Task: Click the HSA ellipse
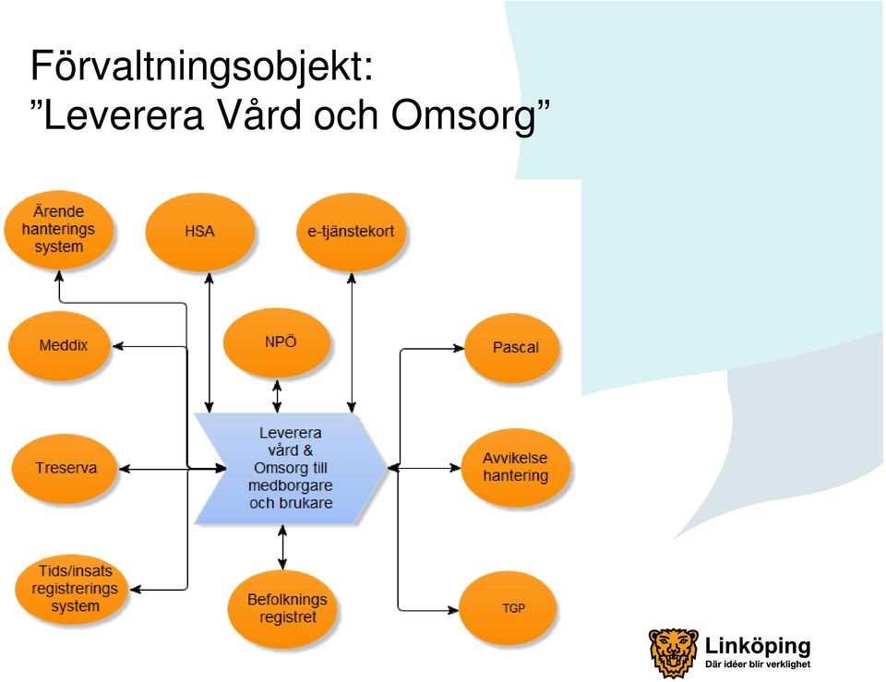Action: coord(200,232)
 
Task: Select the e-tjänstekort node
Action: coord(351,232)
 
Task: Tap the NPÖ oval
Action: coord(277,342)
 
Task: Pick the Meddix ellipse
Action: coord(59,345)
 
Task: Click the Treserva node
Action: coord(65,468)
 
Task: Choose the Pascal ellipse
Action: coord(512,348)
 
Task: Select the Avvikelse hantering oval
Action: coord(515,468)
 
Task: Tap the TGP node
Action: coord(508,608)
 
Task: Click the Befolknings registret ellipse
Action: coord(282,608)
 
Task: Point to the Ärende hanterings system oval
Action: coord(59,230)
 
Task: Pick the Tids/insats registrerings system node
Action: coord(71,589)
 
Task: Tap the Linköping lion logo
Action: coord(673,652)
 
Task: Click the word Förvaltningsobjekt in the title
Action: coord(202,66)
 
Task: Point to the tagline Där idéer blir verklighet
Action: coord(758,664)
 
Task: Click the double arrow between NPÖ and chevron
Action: coord(277,396)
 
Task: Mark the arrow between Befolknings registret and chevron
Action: coord(282,547)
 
